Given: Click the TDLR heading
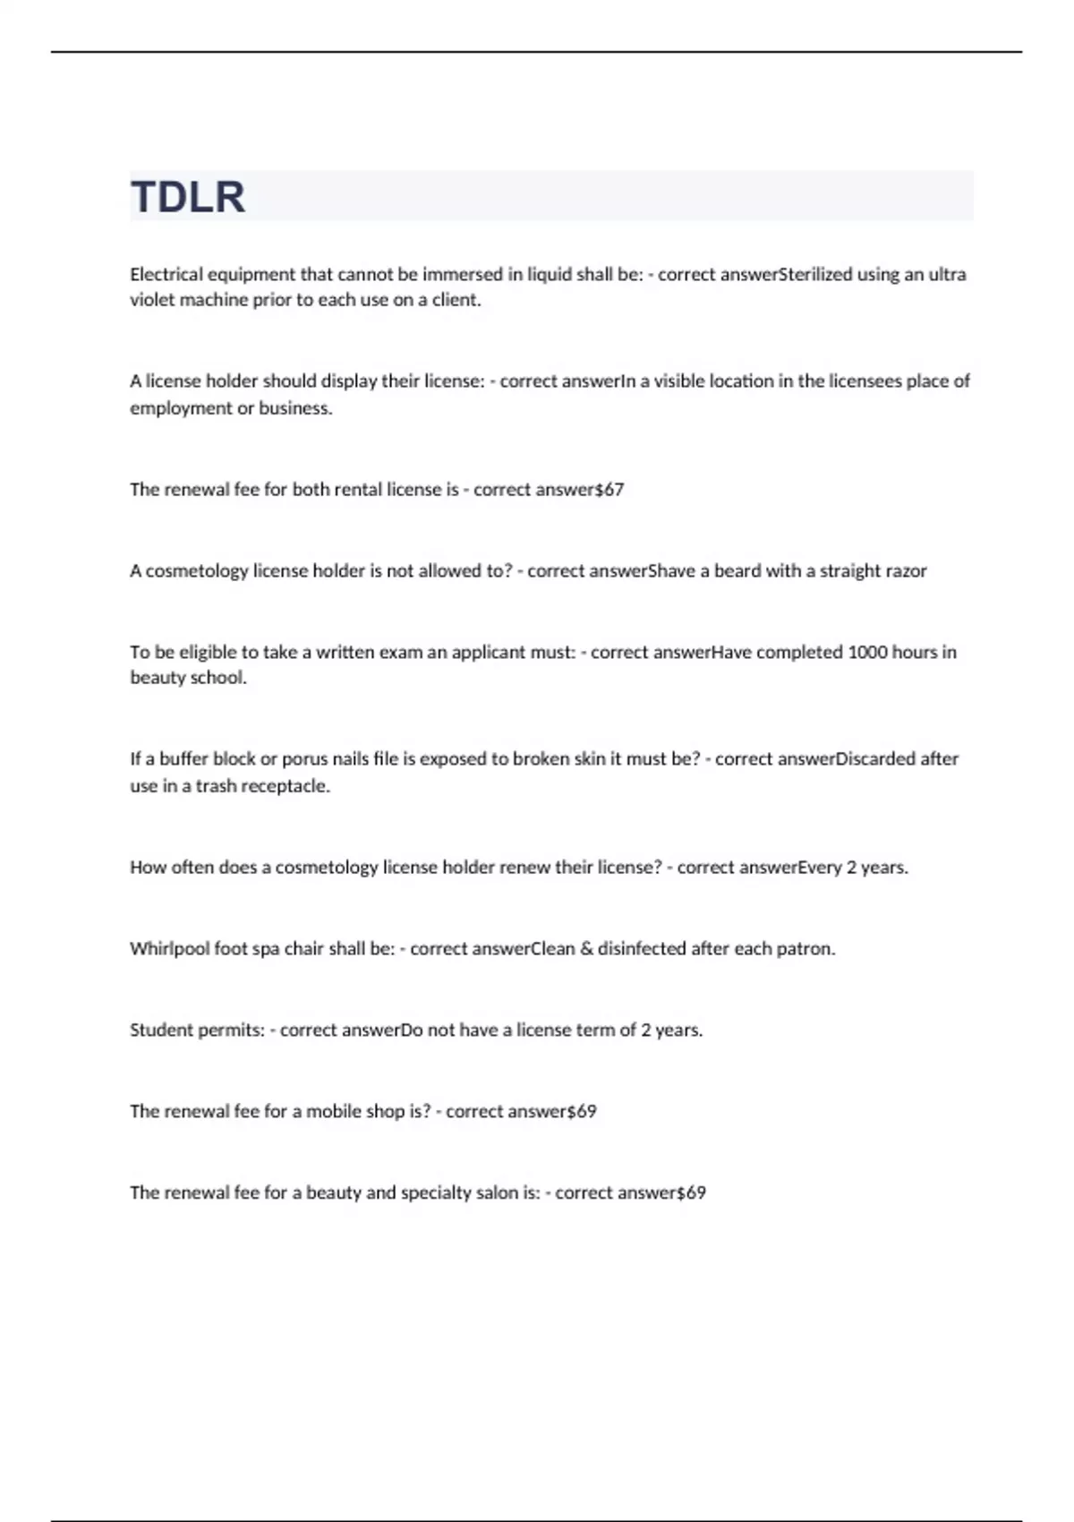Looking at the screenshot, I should coord(188,197).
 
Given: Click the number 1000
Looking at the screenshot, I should coord(867,652).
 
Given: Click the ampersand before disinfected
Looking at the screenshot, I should coord(586,948).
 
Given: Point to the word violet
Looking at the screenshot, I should coord(151,300).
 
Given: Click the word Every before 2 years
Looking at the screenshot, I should coord(819,867).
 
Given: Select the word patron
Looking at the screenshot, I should coord(806,948).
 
